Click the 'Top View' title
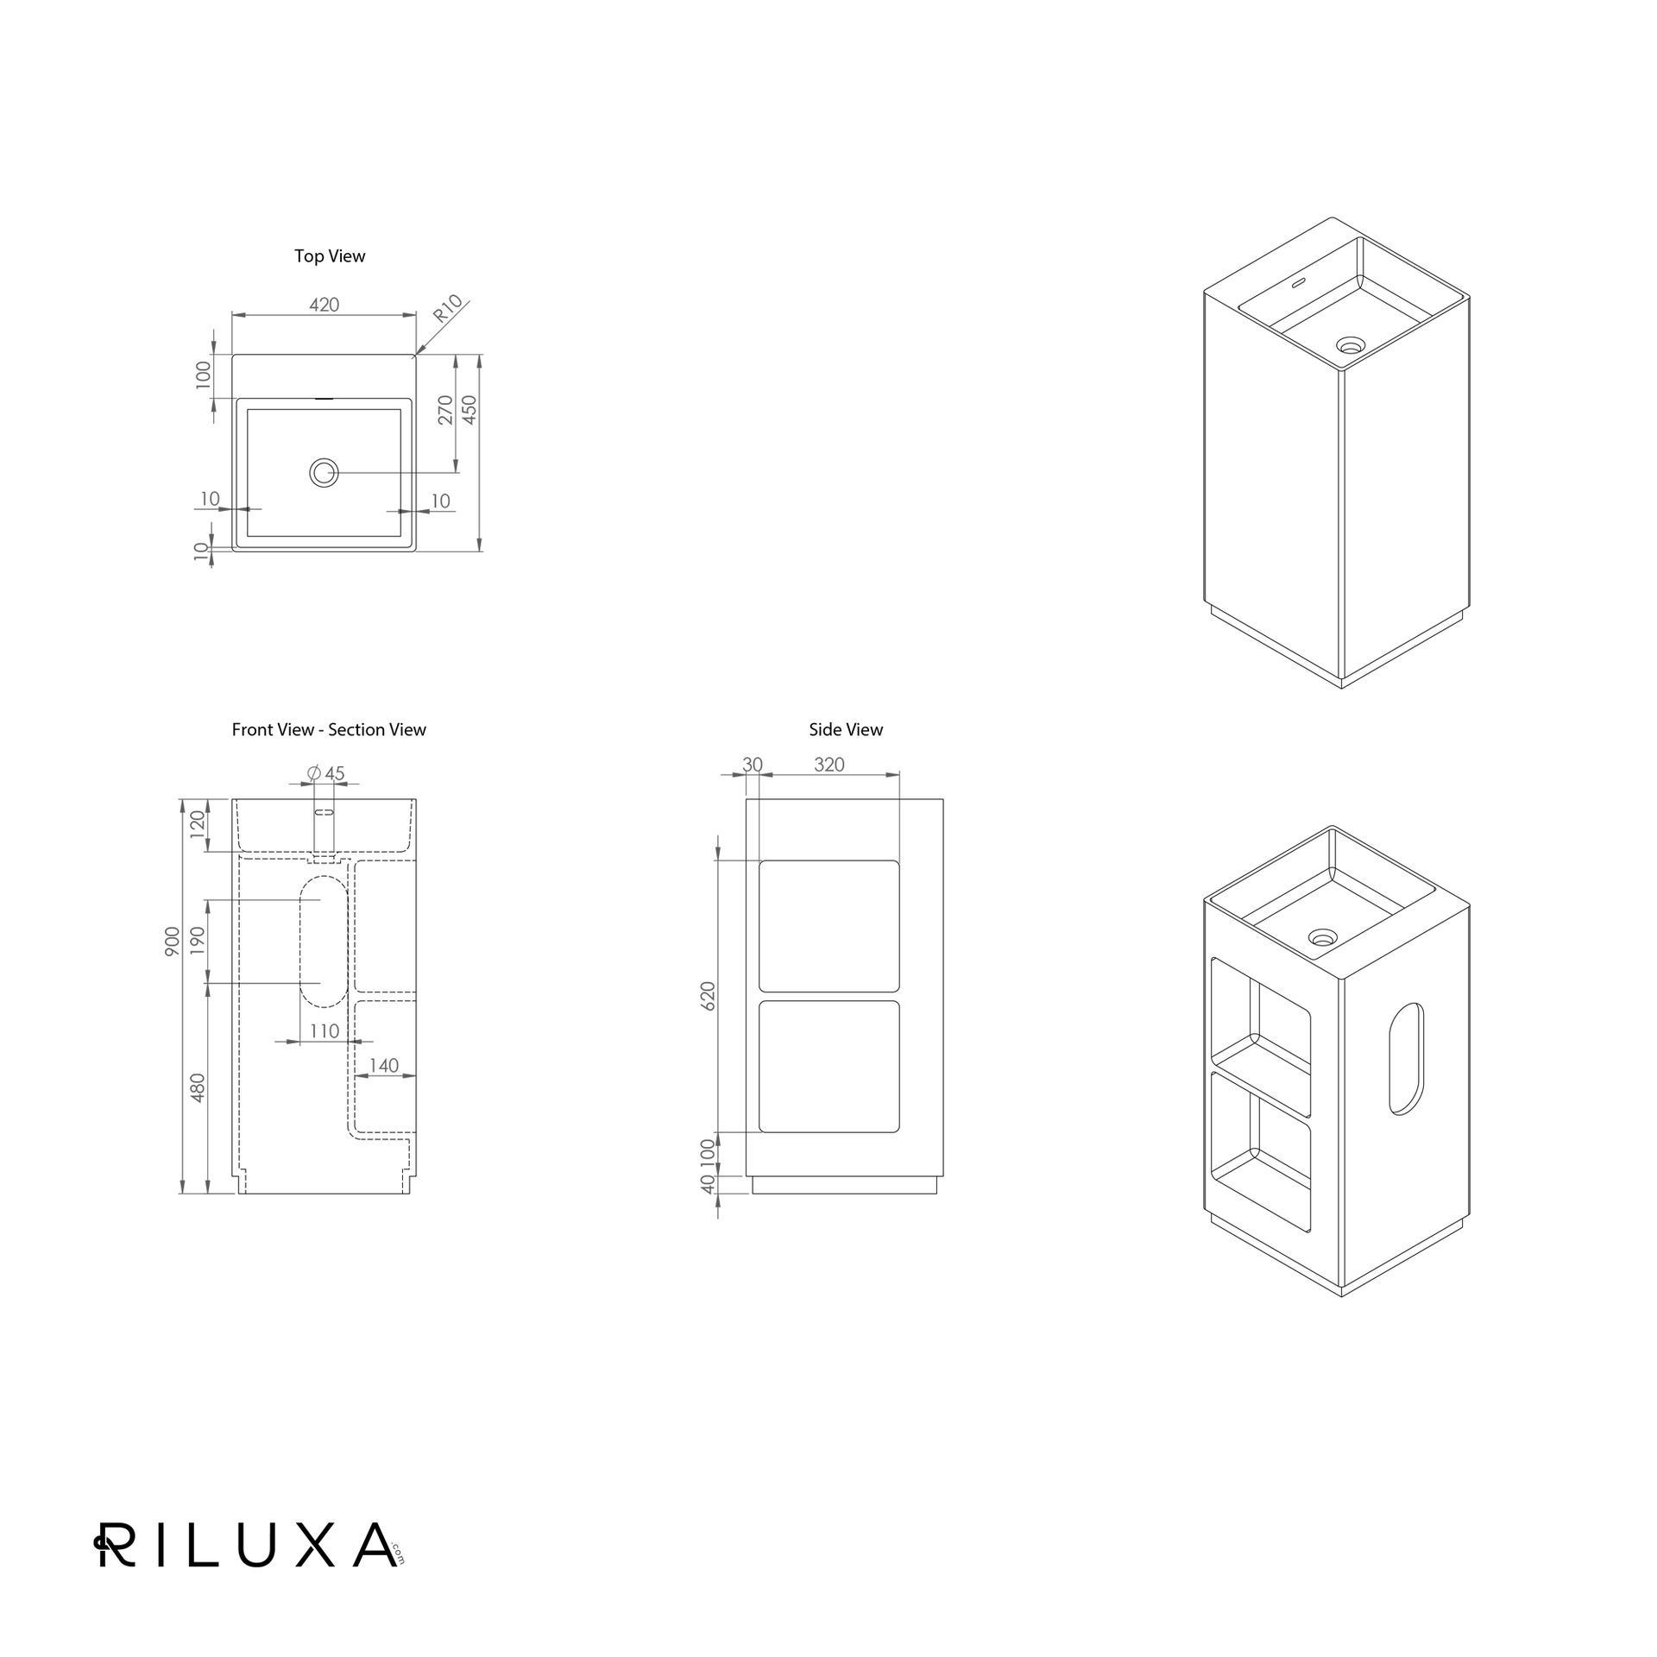[330, 256]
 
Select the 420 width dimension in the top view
[324, 305]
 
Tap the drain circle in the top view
[324, 472]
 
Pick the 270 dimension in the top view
[445, 410]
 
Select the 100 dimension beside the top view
[204, 375]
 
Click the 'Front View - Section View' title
[329, 730]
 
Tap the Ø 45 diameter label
[325, 773]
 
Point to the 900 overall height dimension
[173, 942]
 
